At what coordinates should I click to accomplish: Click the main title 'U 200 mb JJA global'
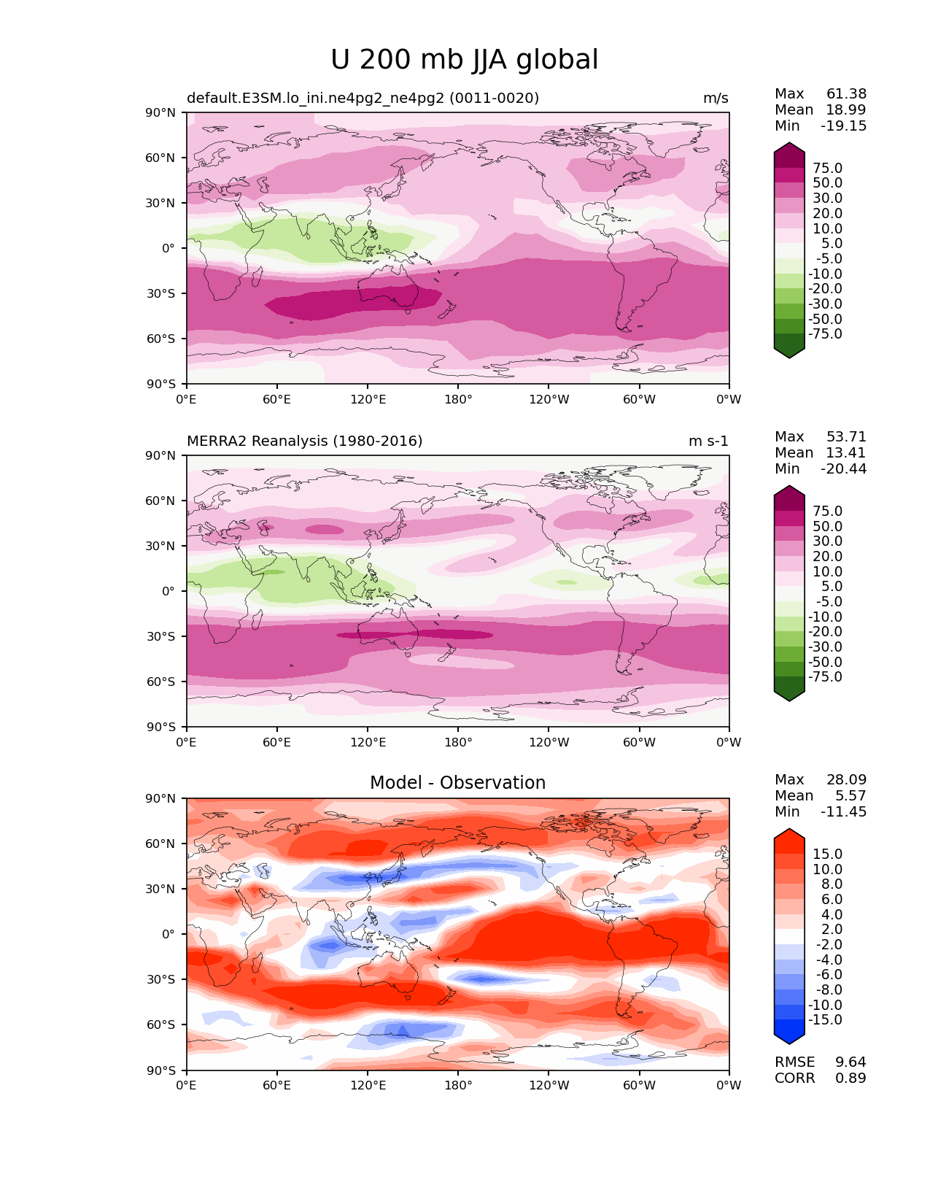point(464,60)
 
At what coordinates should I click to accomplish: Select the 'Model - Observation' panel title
point(457,783)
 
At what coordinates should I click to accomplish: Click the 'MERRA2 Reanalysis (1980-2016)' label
point(305,441)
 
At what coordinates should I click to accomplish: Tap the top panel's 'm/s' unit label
point(716,99)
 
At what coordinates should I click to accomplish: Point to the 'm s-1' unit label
point(708,441)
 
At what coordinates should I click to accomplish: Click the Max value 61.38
point(846,94)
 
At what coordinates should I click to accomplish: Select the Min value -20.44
point(843,469)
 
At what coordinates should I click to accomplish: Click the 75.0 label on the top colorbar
point(827,169)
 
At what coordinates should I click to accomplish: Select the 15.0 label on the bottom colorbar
point(827,854)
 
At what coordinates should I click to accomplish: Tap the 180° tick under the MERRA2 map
point(458,743)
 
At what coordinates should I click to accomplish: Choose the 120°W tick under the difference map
point(549,1086)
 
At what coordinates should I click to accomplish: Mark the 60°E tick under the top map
point(277,400)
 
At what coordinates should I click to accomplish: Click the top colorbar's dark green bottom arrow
point(789,352)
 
